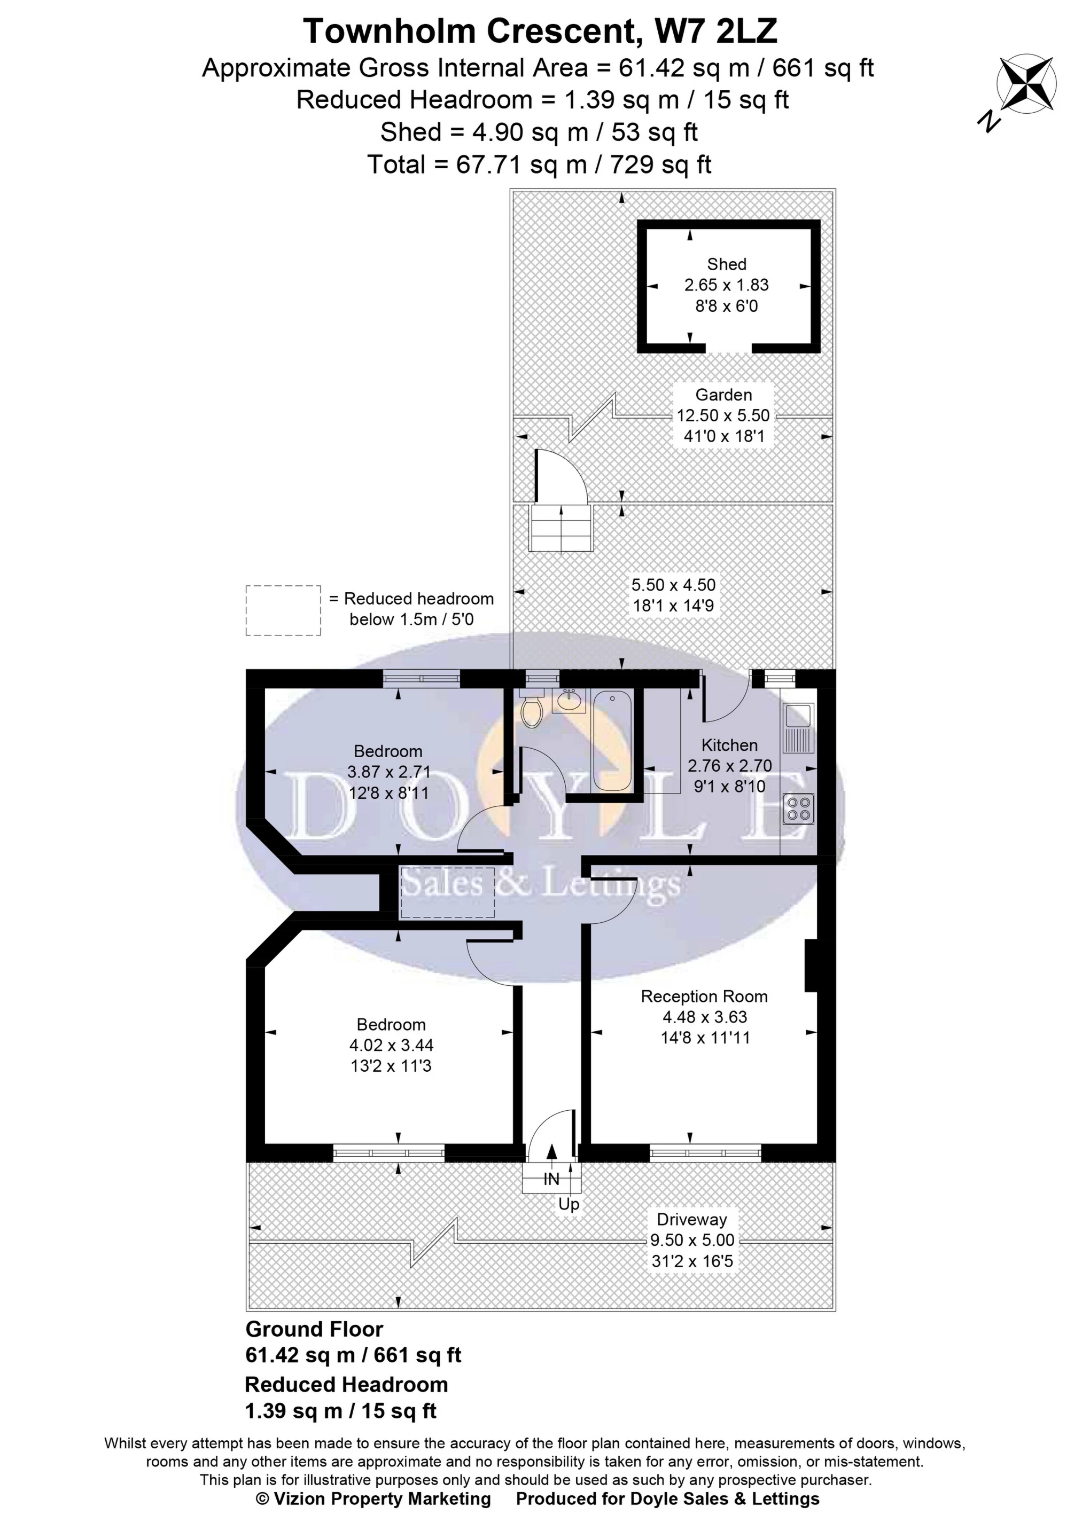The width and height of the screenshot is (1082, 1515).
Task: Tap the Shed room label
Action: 726,264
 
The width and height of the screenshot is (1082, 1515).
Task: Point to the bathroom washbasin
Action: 569,701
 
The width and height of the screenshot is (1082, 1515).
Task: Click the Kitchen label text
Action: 729,745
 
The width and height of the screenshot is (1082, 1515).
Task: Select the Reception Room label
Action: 704,996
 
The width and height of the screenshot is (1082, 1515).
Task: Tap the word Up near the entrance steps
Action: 569,1204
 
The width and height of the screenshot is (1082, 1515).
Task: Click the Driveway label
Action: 691,1219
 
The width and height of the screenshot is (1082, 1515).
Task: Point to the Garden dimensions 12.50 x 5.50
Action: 723,415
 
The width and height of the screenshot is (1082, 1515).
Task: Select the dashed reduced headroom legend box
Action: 283,610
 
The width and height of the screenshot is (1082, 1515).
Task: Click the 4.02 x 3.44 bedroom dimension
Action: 391,1045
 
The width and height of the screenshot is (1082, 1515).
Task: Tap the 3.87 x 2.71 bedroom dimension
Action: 388,772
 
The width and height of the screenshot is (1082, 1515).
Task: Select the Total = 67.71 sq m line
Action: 540,164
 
